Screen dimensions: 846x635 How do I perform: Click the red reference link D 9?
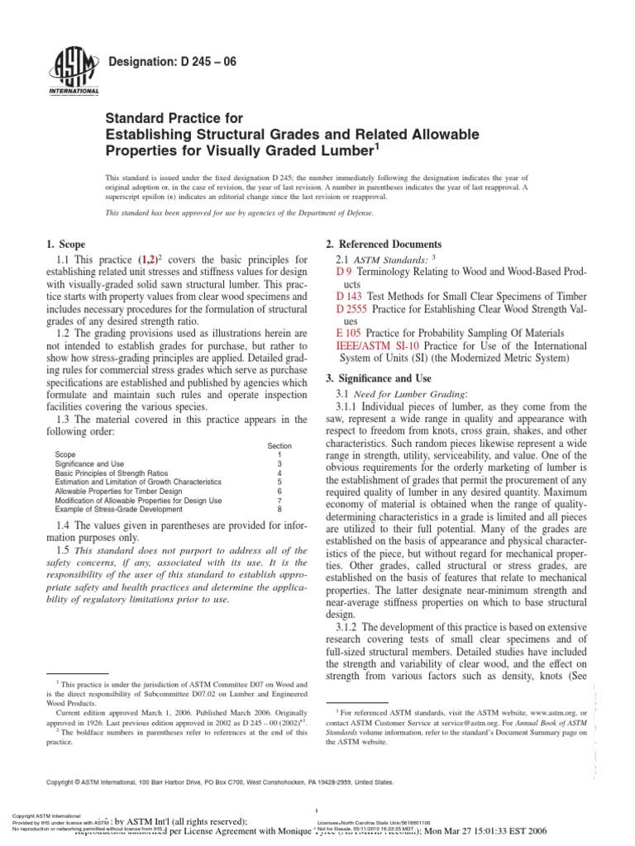tap(345, 271)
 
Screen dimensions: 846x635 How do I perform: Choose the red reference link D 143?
tap(350, 295)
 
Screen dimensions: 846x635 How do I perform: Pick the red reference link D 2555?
tap(353, 308)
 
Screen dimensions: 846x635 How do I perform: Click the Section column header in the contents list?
tap(279, 446)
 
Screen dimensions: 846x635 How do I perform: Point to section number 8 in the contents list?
tap(279, 511)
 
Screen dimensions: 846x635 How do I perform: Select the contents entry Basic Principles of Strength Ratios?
tap(108, 473)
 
